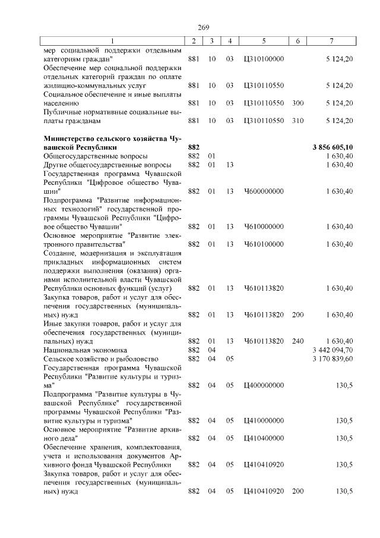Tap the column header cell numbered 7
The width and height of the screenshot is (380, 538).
(332, 40)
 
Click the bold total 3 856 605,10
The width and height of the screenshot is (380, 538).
(332, 147)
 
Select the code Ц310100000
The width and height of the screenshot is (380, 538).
(264, 59)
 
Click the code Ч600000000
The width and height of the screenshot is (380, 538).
(264, 191)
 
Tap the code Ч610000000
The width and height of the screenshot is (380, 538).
(264, 226)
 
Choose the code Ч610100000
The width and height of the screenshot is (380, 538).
(264, 244)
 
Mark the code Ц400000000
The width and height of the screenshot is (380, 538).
(264, 385)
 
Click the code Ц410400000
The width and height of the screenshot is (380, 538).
(264, 438)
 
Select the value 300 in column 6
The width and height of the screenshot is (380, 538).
(298, 103)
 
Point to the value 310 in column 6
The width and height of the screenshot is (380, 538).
(298, 121)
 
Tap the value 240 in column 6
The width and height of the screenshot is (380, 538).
(298, 341)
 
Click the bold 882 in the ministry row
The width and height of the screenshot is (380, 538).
(193, 147)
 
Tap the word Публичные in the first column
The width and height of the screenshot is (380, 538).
(63, 112)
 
